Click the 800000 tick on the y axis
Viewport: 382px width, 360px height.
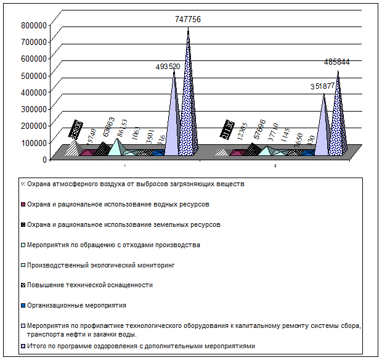(34, 25)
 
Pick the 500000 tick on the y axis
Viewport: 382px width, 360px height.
(34, 75)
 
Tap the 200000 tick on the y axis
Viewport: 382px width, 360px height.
(34, 125)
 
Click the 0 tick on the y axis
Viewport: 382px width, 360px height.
(45, 159)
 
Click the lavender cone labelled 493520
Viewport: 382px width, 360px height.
(174, 117)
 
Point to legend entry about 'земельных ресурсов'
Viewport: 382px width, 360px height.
(124, 224)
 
